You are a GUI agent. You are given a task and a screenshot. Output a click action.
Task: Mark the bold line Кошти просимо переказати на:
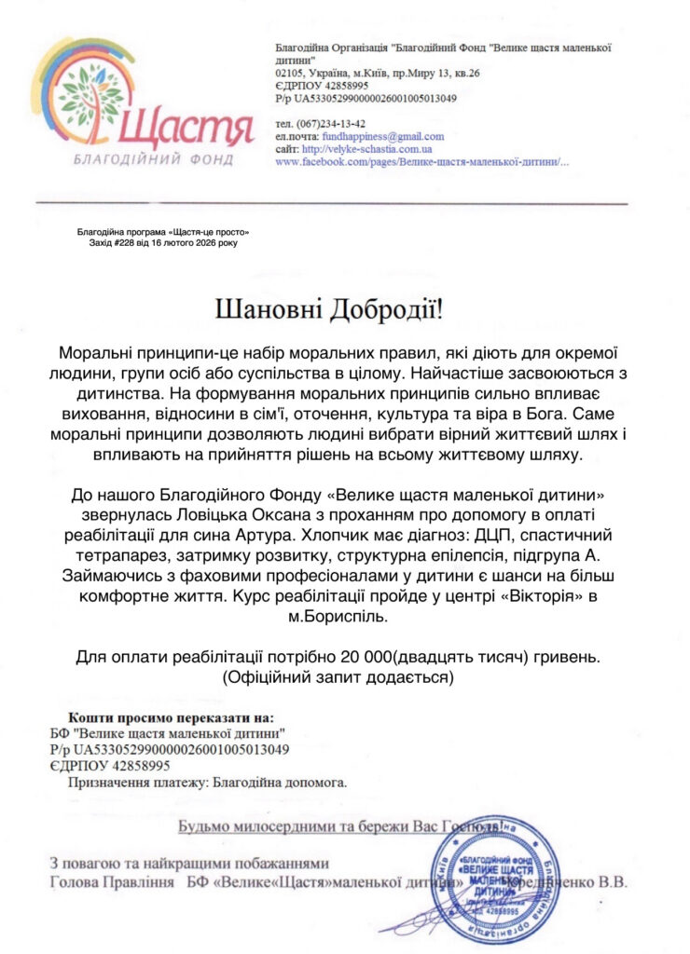(x=172, y=717)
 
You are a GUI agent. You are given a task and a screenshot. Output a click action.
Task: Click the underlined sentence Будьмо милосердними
(x=341, y=825)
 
